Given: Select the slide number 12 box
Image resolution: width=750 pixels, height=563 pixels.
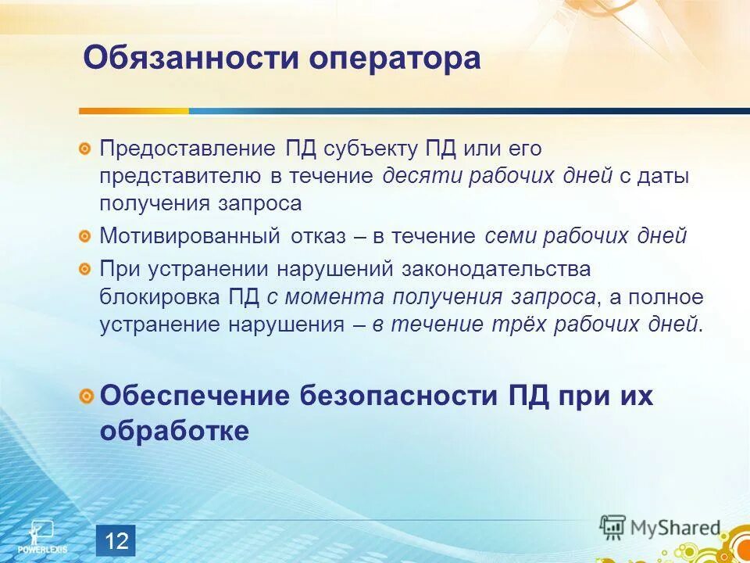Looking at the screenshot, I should pos(116,540).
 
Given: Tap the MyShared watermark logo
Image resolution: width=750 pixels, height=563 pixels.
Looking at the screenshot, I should pos(660,528).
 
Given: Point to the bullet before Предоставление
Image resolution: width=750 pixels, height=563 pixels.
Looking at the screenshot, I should pos(84,149).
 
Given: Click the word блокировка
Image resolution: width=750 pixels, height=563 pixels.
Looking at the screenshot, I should pos(160,297).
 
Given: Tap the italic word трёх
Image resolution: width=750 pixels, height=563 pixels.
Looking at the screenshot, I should pos(521,325).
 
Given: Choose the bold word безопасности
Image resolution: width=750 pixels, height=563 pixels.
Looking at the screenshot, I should pos(388,396).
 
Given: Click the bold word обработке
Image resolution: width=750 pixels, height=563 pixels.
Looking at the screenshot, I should pos(174,431).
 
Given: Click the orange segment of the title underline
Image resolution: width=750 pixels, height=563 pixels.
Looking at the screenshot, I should pos(134,111).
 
